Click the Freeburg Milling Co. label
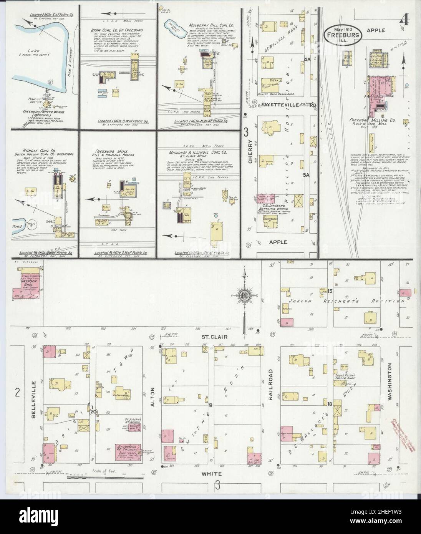365,119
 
